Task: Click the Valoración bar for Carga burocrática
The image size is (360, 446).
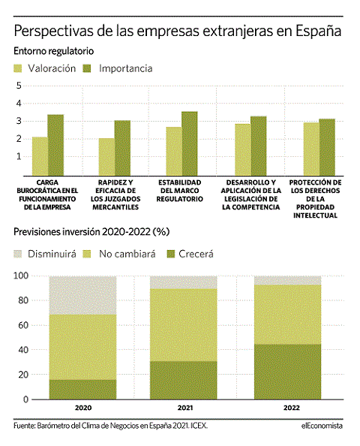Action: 40,156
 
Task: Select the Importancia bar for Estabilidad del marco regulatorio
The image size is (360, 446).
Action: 190,143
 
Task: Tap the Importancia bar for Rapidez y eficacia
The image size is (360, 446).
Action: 122,148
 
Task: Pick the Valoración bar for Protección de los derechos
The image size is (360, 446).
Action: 311,149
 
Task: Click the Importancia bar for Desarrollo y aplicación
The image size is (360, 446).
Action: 259,146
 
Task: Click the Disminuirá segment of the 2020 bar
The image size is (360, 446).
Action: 82,295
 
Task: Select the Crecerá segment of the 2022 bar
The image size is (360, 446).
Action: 287,372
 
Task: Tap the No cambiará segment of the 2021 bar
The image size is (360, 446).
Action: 184,325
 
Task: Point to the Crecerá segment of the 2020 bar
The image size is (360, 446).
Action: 82,390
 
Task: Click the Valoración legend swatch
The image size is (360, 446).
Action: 17,68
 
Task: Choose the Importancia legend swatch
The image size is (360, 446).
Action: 87,68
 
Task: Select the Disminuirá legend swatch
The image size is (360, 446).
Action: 17,254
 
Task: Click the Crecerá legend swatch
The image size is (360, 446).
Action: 171,254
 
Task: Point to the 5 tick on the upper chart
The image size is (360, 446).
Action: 19,86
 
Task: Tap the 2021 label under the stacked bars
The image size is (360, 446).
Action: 185,408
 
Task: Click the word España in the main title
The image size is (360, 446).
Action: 318,32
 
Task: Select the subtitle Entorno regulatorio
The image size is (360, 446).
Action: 54,51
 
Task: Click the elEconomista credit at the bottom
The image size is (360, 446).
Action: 322,426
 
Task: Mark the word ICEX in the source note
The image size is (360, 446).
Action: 199,426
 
